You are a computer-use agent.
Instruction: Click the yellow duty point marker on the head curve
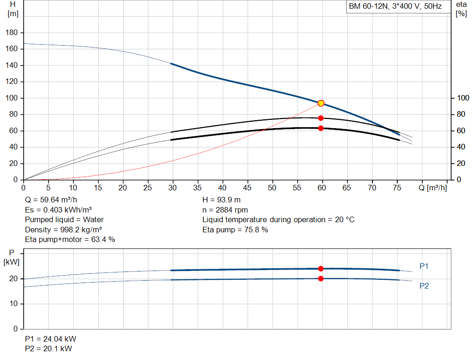[x=321, y=103]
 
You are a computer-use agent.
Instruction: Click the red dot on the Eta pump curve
[x=321, y=118]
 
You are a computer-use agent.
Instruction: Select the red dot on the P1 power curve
[x=321, y=268]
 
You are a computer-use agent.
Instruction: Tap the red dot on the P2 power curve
[x=321, y=279]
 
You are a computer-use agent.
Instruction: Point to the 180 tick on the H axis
[x=12, y=33]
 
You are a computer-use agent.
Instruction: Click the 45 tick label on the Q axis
[x=247, y=188]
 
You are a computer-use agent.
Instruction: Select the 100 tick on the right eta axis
[x=463, y=98]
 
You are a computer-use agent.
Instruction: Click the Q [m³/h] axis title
[x=432, y=188]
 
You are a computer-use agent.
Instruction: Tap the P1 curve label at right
[x=424, y=266]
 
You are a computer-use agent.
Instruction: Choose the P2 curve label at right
[x=424, y=286]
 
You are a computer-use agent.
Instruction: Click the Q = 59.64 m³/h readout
[x=51, y=200]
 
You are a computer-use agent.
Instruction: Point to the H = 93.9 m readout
[x=221, y=200]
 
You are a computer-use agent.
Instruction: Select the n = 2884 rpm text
[x=225, y=210]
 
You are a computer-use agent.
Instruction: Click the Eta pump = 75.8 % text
[x=235, y=230]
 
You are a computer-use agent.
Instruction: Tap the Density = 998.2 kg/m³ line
[x=63, y=230]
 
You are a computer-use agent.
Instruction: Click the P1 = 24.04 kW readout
[x=51, y=339]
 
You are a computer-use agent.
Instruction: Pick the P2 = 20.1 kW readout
[x=48, y=348]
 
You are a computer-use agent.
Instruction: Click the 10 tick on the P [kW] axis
[x=13, y=304]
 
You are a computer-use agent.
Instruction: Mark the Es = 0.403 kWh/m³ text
[x=58, y=210]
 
